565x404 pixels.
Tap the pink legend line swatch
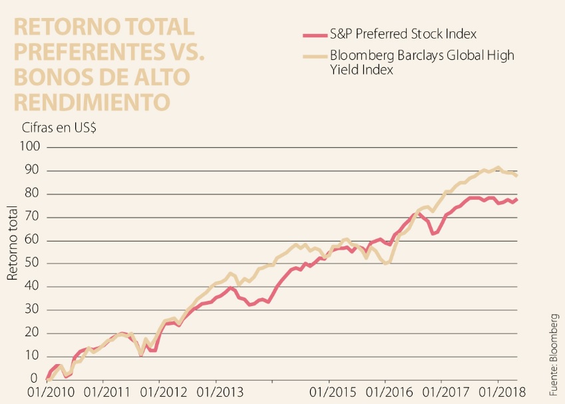313,34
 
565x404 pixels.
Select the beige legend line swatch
313,56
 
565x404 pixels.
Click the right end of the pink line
517,199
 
